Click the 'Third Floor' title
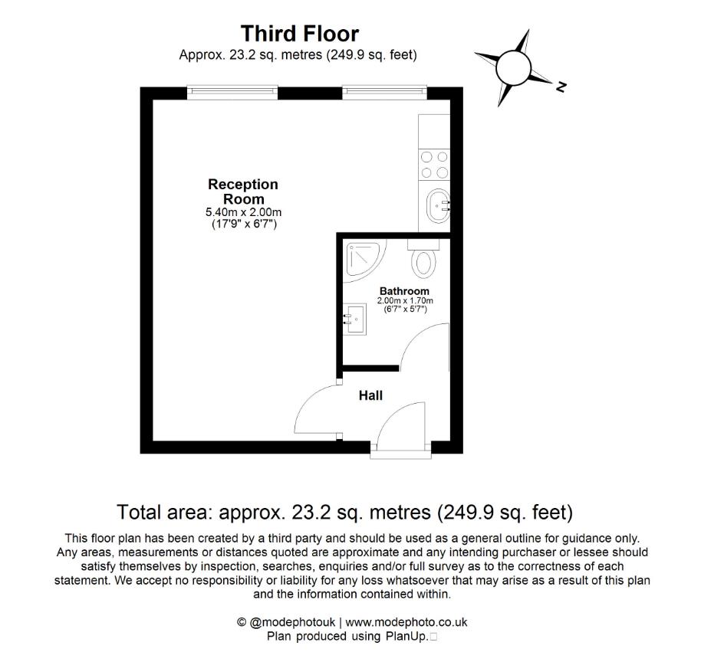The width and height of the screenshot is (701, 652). [299, 34]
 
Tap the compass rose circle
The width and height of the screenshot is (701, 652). [514, 67]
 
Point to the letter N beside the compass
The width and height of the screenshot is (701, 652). [561, 87]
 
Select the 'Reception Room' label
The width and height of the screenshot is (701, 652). [243, 192]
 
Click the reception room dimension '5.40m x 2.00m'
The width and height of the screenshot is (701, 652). [243, 211]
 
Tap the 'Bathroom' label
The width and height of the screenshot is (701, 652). [404, 291]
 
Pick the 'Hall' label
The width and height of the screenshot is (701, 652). [370, 395]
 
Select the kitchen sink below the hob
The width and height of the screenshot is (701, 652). [436, 205]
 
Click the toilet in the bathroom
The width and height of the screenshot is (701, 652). [423, 260]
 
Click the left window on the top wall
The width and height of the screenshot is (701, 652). [233, 92]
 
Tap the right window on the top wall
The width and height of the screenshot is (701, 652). [385, 92]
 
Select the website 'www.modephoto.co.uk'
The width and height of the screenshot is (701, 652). [407, 623]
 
